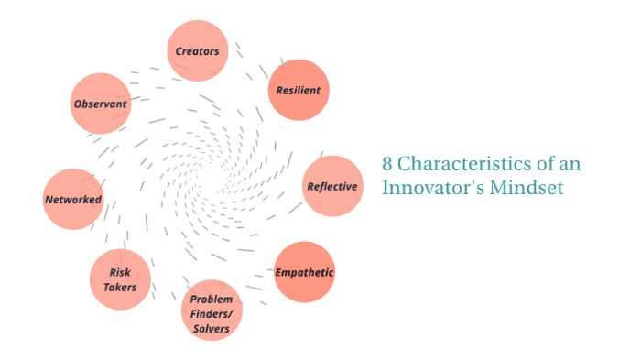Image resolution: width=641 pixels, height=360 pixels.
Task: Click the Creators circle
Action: pyautogui.click(x=198, y=50)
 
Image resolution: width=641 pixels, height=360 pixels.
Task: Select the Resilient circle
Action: pyautogui.click(x=298, y=90)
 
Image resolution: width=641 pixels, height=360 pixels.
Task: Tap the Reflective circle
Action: pyautogui.click(x=331, y=186)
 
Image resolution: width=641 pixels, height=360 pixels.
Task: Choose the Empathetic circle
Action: pyautogui.click(x=305, y=272)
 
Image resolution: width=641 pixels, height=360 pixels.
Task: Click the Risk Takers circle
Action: pyautogui.click(x=120, y=279)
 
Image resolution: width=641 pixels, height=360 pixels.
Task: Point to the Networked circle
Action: pyautogui.click(x=73, y=199)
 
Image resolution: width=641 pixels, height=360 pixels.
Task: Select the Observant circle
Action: pyautogui.click(x=100, y=104)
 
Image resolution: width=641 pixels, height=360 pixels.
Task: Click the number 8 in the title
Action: pyautogui.click(x=387, y=165)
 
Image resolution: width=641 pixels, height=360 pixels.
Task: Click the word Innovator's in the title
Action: pyautogui.click(x=428, y=188)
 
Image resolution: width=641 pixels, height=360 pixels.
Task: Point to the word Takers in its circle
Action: pyautogui.click(x=120, y=288)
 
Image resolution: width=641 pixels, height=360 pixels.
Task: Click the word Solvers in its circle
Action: pyautogui.click(x=212, y=328)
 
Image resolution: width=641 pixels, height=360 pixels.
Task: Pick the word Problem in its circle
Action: pyautogui.click(x=212, y=300)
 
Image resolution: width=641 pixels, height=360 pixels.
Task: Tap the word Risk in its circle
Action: pyautogui.click(x=120, y=272)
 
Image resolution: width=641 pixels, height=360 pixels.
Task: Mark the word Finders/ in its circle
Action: pyautogui.click(x=212, y=313)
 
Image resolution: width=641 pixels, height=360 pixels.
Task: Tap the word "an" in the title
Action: pyautogui.click(x=570, y=165)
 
